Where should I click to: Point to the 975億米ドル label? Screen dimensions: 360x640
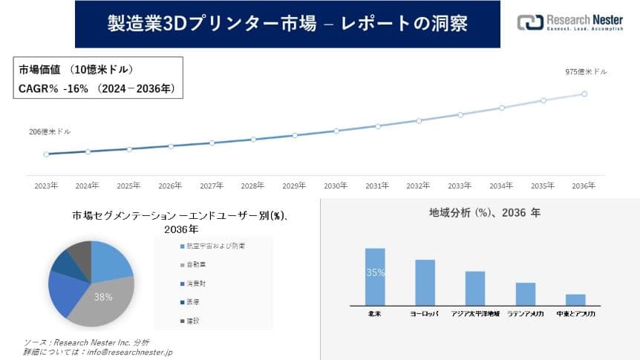click(x=586, y=72)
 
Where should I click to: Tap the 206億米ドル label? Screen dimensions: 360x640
click(x=50, y=131)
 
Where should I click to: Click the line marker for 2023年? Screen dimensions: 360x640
click(x=46, y=154)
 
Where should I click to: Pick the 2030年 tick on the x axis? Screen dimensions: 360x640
click(x=336, y=186)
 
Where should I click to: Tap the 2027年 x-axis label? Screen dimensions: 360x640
click(x=212, y=186)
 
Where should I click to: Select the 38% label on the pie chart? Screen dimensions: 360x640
click(x=102, y=296)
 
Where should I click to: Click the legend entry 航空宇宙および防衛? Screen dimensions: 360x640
click(x=212, y=246)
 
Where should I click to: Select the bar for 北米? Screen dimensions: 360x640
click(x=375, y=276)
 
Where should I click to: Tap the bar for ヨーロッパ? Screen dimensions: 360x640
click(x=425, y=282)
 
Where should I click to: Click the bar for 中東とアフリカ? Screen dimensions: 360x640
click(x=575, y=299)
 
